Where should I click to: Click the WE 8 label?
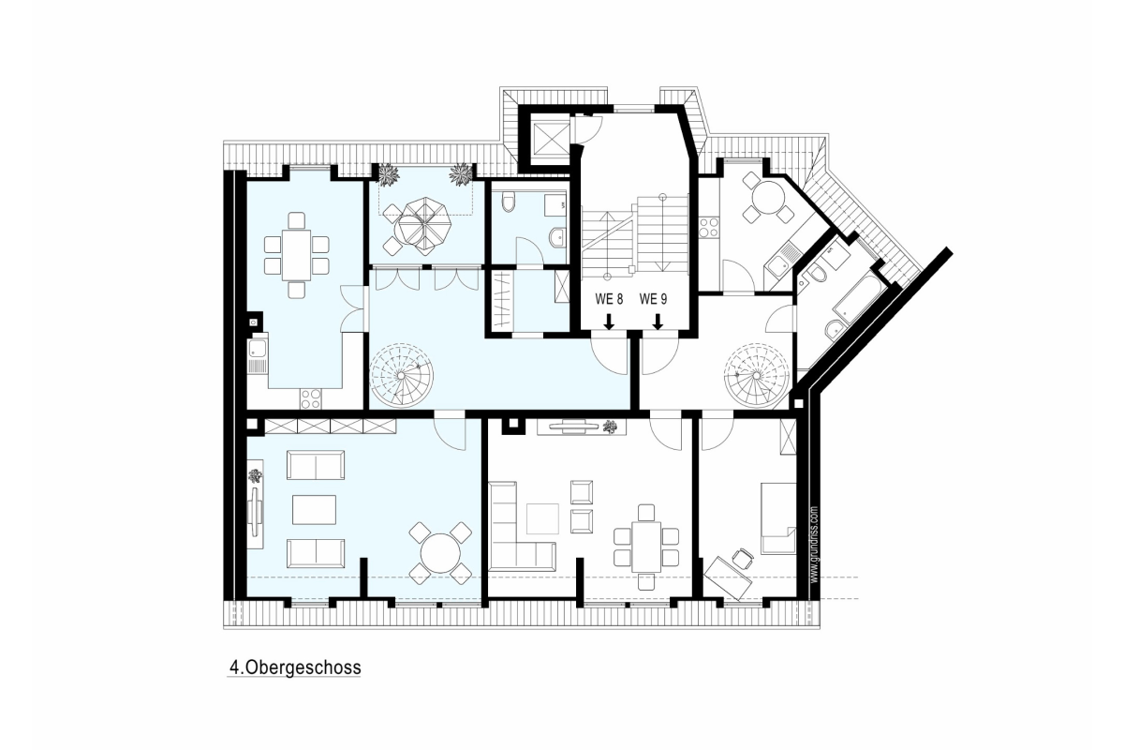click(609, 299)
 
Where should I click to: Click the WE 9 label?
click(653, 299)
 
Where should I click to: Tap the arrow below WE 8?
click(609, 322)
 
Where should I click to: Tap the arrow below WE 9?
click(658, 322)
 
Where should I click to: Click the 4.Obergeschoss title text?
click(295, 667)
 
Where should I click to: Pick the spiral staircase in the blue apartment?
click(402, 375)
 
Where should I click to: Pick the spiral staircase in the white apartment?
click(756, 375)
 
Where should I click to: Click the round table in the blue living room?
click(440, 553)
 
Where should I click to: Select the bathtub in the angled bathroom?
click(858, 298)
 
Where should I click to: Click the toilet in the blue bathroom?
click(509, 202)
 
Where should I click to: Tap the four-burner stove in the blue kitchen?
click(311, 398)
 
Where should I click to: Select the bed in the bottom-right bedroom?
click(778, 518)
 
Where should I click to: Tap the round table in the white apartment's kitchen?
click(768, 197)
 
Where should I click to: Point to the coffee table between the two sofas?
click(315, 509)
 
